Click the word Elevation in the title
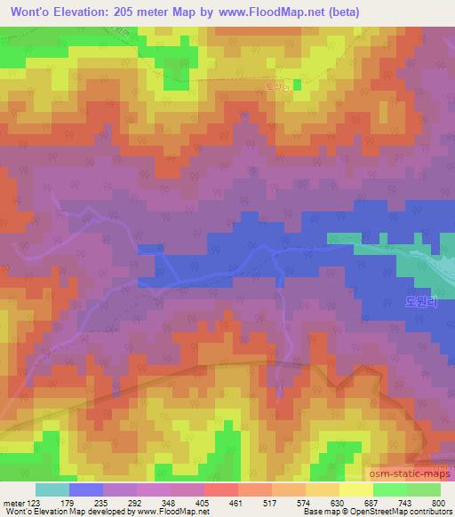pos(97,12)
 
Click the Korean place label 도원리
pos(421,302)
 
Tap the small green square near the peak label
pos(298,84)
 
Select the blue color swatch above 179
pos(86,489)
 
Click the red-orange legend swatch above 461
pos(221,489)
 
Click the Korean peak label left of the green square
pos(276,86)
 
